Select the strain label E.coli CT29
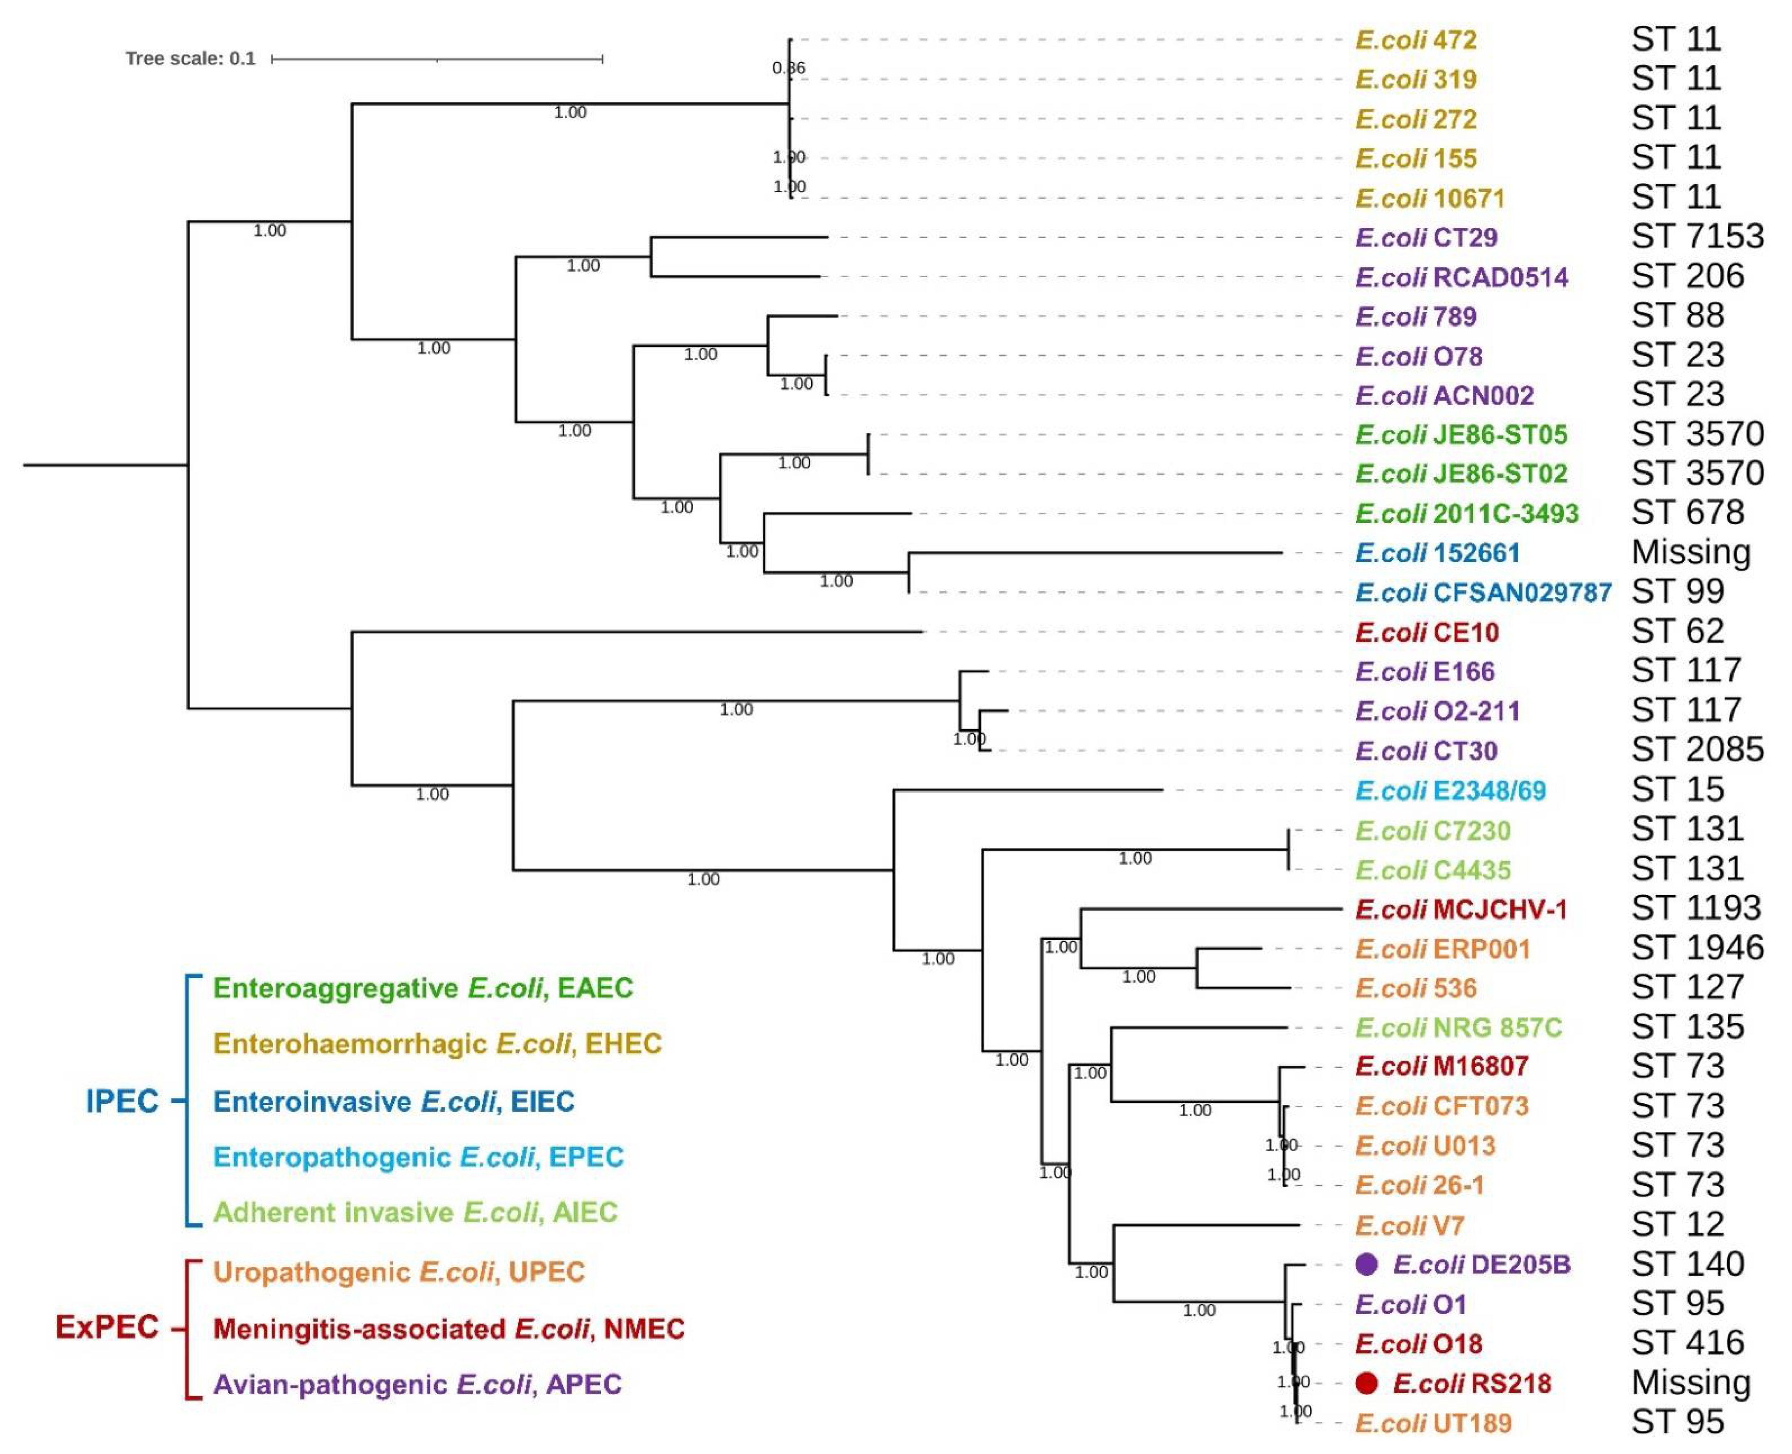(x=1426, y=238)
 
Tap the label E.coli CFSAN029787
(x=1483, y=593)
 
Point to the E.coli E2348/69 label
(x=1450, y=791)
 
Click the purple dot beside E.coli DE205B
(x=1366, y=1265)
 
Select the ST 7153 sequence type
(x=1697, y=237)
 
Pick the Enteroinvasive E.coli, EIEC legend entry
(x=394, y=1102)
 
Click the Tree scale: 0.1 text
(x=190, y=59)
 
